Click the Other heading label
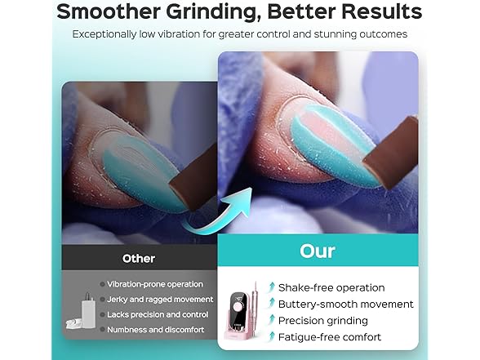pos(138,258)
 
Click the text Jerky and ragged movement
pos(160,300)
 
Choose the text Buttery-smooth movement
pos(346,304)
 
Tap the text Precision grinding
pos(323,321)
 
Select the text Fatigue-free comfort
pos(329,337)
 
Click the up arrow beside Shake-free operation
pos(271,287)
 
